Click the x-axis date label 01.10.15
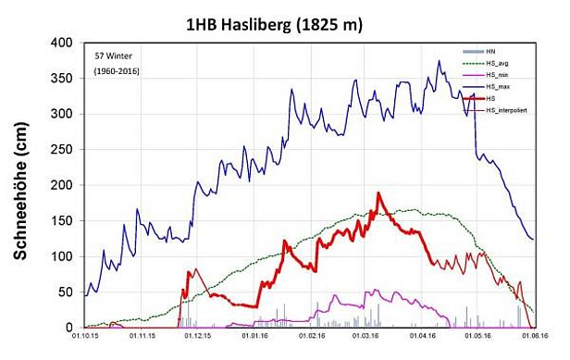(83, 340)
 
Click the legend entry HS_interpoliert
(507, 110)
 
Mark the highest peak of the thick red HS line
(378, 193)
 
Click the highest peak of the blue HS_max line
(440, 62)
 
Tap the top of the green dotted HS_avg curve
(407, 210)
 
